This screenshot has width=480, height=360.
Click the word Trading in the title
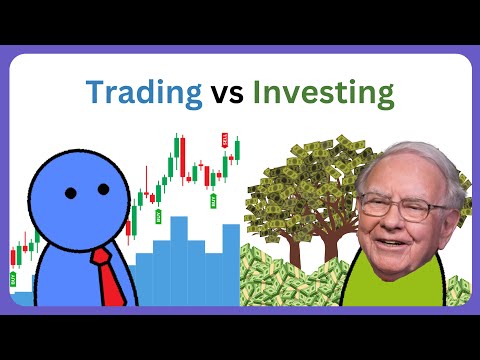click(142, 93)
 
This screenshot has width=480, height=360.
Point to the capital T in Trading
click(95, 92)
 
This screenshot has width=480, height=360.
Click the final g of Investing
click(384, 98)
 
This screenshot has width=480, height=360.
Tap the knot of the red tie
click(101, 257)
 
